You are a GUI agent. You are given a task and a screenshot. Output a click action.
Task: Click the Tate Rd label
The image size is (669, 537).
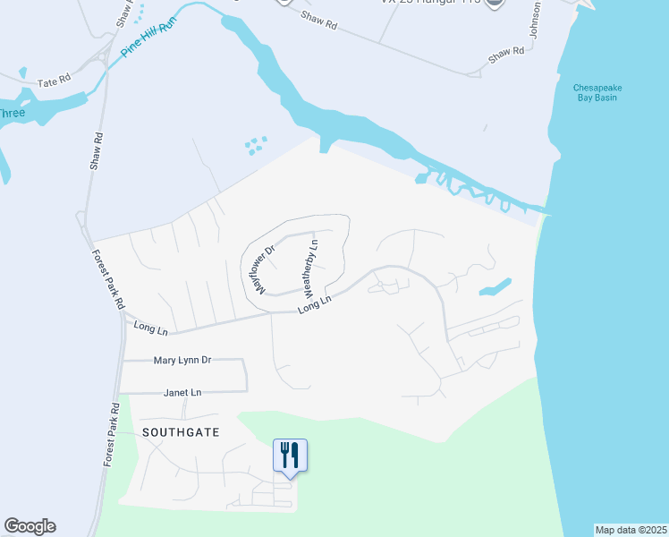[x=54, y=82]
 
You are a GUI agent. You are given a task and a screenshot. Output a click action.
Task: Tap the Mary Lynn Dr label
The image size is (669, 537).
[x=182, y=360]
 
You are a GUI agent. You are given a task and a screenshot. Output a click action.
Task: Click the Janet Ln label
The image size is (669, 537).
[x=182, y=392]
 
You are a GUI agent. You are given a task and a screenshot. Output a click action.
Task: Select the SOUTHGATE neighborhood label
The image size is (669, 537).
[x=180, y=431]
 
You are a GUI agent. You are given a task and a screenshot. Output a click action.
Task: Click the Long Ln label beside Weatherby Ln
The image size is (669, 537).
[x=316, y=304]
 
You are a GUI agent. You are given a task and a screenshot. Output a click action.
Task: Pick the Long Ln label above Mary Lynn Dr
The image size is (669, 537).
[x=150, y=328]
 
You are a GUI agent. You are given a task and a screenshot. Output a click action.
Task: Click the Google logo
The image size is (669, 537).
[x=30, y=526]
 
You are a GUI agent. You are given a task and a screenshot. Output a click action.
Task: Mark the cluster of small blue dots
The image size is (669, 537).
[x=256, y=144]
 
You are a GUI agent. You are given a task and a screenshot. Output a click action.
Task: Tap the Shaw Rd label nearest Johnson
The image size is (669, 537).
[x=506, y=54]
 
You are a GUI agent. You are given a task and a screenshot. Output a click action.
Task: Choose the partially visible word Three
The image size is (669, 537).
[x=12, y=113]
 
